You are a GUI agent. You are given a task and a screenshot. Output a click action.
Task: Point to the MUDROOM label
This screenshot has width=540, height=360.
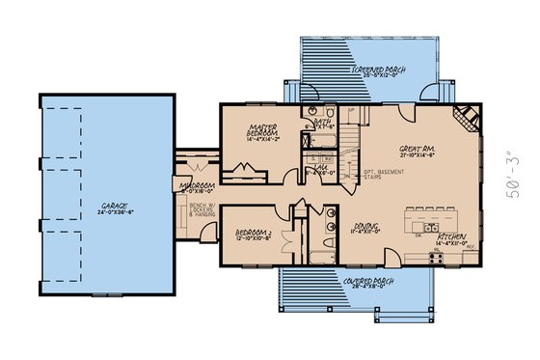click(x=197, y=185)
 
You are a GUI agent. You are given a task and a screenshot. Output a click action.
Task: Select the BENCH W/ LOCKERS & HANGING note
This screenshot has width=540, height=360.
click(x=201, y=209)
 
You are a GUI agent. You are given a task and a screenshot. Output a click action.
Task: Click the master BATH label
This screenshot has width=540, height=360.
click(x=321, y=121)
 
